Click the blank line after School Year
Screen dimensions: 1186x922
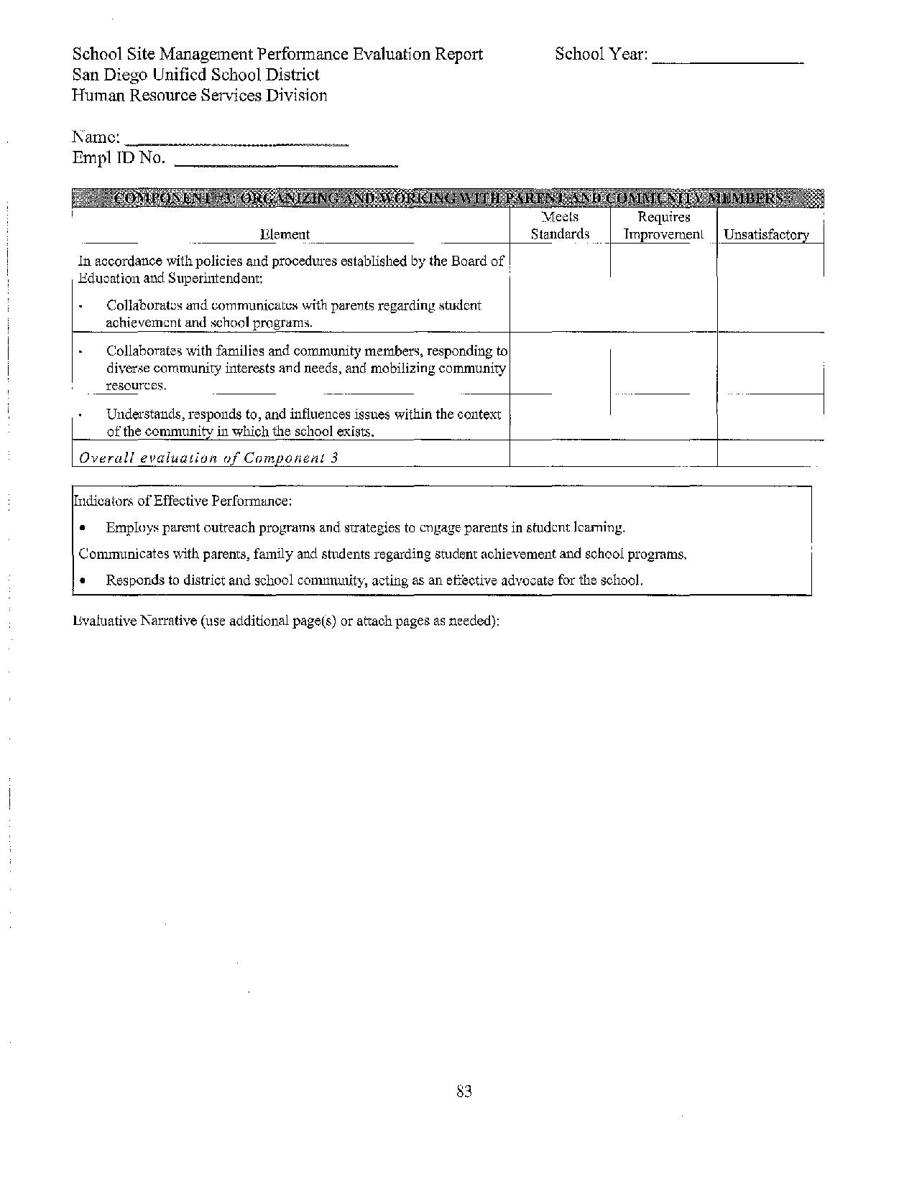(727, 61)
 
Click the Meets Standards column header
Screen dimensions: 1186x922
(560, 226)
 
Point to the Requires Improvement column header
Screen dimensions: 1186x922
(663, 226)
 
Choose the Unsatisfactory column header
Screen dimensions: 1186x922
(766, 234)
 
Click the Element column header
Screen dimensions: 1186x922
(285, 234)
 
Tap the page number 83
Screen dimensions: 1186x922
(464, 1092)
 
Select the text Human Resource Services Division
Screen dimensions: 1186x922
(199, 96)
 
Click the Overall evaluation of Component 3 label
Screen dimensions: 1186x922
(208, 458)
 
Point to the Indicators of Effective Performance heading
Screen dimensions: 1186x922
(183, 500)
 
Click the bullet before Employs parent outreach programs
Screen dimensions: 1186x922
(84, 528)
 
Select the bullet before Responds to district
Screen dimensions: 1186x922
(84, 580)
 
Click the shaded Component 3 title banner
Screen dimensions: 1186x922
(448, 198)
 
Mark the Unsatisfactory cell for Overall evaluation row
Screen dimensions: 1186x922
(770, 454)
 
